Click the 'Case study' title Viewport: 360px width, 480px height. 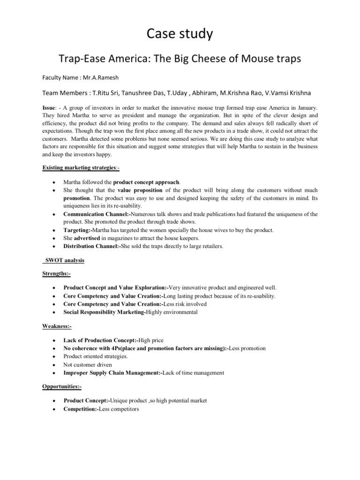tap(180, 34)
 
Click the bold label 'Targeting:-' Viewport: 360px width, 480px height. tap(78, 230)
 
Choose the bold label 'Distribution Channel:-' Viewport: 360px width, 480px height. tap(92, 246)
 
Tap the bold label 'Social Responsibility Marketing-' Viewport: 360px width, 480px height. tap(105, 312)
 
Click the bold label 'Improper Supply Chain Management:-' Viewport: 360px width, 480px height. tap(113, 373)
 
